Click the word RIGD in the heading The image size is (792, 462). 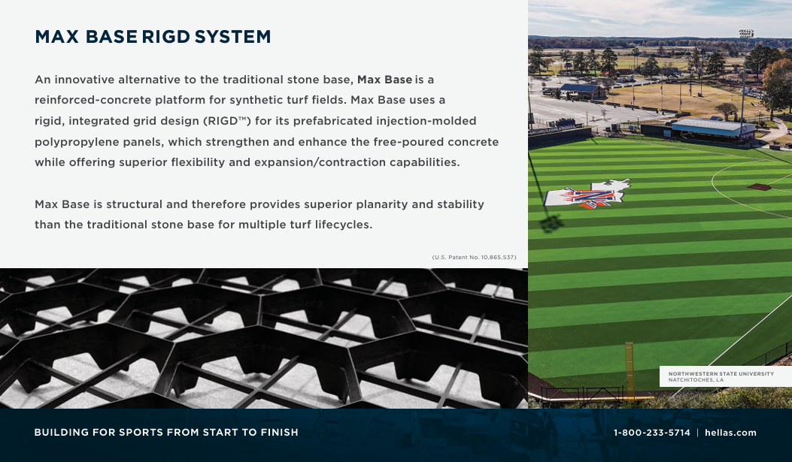click(x=165, y=37)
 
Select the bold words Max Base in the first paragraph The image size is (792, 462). click(x=384, y=80)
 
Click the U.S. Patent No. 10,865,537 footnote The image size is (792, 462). click(x=474, y=258)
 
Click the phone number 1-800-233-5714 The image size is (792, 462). click(x=651, y=433)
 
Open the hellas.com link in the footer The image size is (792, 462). click(x=730, y=433)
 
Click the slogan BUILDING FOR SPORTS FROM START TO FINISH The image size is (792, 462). click(x=166, y=433)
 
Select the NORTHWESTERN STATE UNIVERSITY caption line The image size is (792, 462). click(x=721, y=373)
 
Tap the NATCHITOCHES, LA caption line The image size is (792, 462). click(x=696, y=380)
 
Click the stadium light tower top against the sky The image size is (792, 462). click(x=745, y=34)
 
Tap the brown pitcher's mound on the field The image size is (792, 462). click(x=759, y=186)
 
